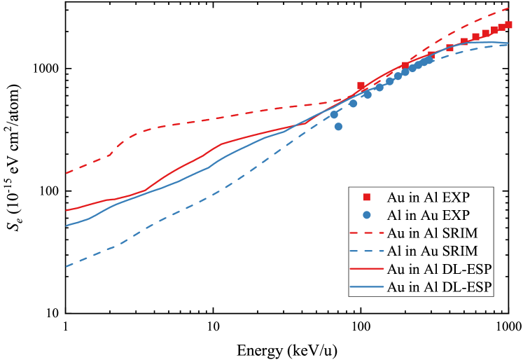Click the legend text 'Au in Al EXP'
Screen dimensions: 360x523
coord(427,197)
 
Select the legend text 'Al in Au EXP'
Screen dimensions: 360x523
coord(427,214)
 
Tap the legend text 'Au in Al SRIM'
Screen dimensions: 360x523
coord(432,233)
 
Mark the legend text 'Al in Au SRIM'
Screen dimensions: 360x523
coord(432,251)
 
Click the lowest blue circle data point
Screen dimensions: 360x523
coord(338,127)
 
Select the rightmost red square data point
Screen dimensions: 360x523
coord(509,25)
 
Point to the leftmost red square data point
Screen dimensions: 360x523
coord(361,86)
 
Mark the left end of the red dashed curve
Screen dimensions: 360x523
coord(66,173)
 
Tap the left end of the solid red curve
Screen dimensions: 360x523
coord(66,210)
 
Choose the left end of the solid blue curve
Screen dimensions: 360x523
coord(66,226)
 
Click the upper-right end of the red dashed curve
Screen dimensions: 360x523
coord(509,8)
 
